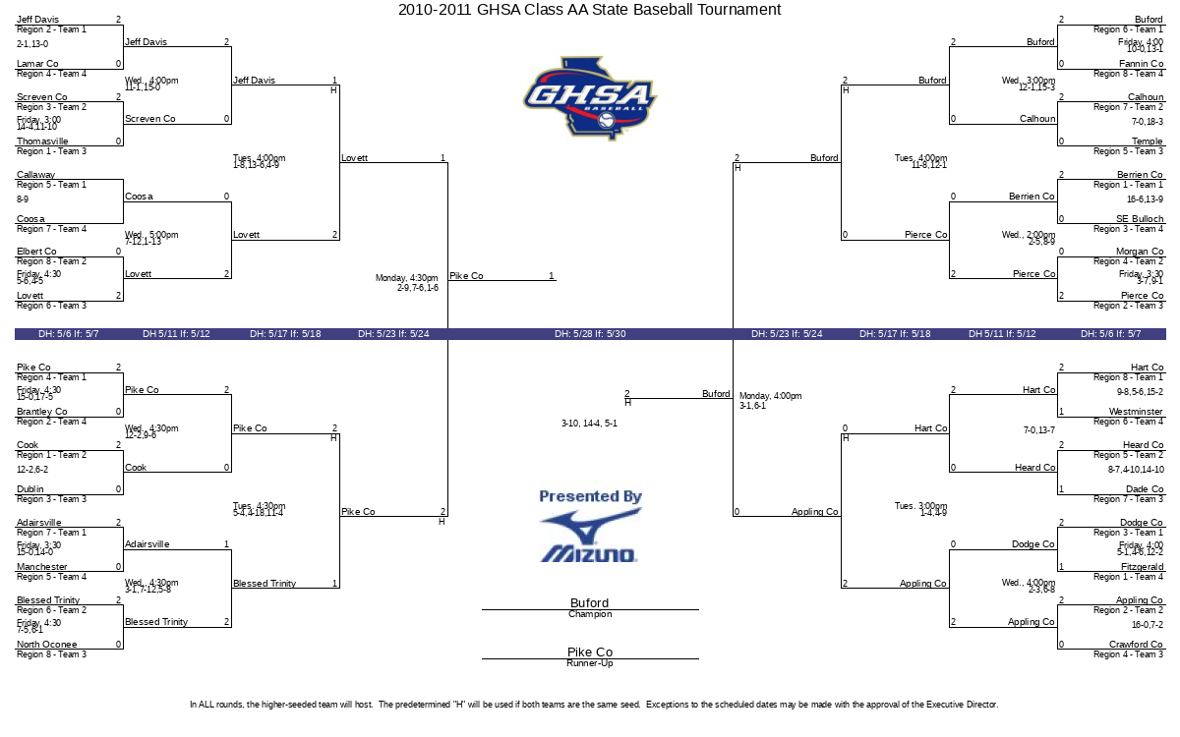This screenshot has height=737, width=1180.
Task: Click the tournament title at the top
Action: pyautogui.click(x=590, y=10)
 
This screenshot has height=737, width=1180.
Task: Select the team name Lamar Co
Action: pyautogui.click(x=37, y=64)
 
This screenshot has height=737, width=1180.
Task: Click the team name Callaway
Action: pyautogui.click(x=36, y=175)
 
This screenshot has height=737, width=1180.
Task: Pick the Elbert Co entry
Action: pyautogui.click(x=37, y=252)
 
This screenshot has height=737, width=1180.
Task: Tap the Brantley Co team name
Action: pyautogui.click(x=42, y=412)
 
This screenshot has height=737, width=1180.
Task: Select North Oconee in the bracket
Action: pyautogui.click(x=45, y=645)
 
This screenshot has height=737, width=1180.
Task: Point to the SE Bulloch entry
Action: pyautogui.click(x=1140, y=219)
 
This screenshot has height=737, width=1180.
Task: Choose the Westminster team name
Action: pyautogui.click(x=1136, y=412)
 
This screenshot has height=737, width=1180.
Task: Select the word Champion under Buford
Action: pyautogui.click(x=590, y=615)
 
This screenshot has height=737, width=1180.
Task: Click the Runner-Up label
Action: pyautogui.click(x=590, y=664)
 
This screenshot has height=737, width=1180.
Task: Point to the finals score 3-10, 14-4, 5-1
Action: pyautogui.click(x=589, y=424)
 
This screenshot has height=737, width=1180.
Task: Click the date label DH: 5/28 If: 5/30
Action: pyautogui.click(x=590, y=334)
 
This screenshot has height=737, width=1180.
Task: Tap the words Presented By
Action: pyautogui.click(x=590, y=497)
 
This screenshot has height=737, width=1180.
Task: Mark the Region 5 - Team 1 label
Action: pyautogui.click(x=51, y=185)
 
